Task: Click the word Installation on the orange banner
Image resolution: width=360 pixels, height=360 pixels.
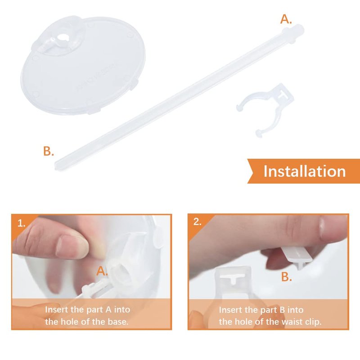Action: [305, 171]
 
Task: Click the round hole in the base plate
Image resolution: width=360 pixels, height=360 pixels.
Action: [62, 37]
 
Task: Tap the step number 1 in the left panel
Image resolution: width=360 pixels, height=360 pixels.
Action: [21, 223]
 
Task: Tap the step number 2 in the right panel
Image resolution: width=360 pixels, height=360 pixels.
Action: [197, 221]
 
